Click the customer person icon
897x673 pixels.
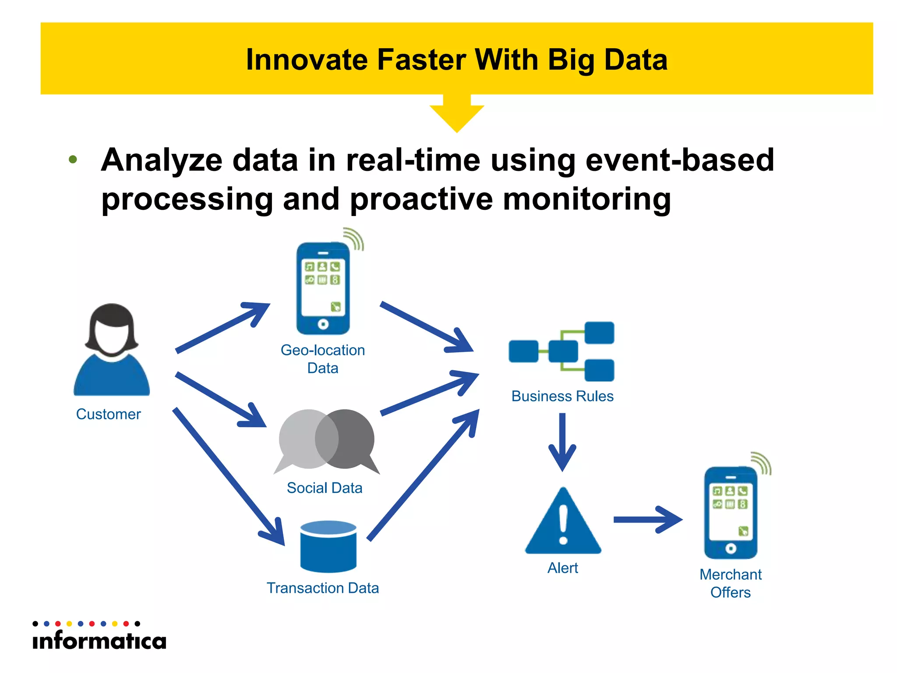pyautogui.click(x=112, y=351)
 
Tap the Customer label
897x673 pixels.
pyautogui.click(x=108, y=414)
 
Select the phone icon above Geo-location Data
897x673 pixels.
pyautogui.click(x=323, y=288)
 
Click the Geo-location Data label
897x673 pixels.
pyautogui.click(x=323, y=359)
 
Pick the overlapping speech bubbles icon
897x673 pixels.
pyautogui.click(x=326, y=440)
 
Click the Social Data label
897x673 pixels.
pyautogui.click(x=325, y=488)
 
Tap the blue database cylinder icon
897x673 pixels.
pyautogui.click(x=328, y=547)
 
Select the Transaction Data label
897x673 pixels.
pyautogui.click(x=323, y=588)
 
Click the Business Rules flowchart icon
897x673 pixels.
pyautogui.click(x=562, y=351)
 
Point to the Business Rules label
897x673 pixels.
pyautogui.click(x=562, y=396)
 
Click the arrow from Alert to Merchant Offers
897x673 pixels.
pyautogui.click(x=647, y=520)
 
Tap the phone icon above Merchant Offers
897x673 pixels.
pyautogui.click(x=731, y=513)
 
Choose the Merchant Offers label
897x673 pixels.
pyautogui.click(x=731, y=583)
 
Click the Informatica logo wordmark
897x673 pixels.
pyautogui.click(x=99, y=641)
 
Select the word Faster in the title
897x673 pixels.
pyautogui.click(x=422, y=60)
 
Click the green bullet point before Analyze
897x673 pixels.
pyautogui.click(x=73, y=159)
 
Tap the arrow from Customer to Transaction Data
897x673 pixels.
pyautogui.click(x=228, y=476)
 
